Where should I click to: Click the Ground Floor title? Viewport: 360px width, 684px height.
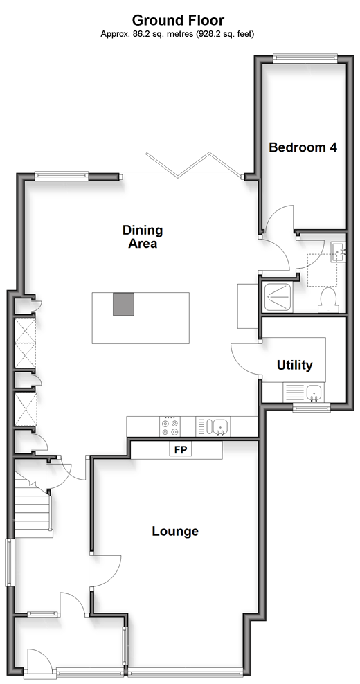click(x=178, y=20)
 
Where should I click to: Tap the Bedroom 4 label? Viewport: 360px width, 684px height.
click(x=303, y=147)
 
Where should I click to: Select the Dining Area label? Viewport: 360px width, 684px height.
click(x=143, y=237)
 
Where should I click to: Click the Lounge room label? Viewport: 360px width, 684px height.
click(x=175, y=531)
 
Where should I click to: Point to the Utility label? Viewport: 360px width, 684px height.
click(x=294, y=365)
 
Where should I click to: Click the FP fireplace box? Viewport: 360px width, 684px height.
click(x=181, y=450)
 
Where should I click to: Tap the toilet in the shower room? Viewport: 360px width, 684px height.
click(x=329, y=300)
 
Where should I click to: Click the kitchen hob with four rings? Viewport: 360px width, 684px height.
click(x=170, y=426)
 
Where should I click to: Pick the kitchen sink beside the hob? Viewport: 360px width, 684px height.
click(x=217, y=426)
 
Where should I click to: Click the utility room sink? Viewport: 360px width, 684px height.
click(x=314, y=393)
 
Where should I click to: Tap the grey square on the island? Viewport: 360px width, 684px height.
click(x=123, y=304)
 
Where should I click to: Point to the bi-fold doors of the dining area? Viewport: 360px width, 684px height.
click(x=194, y=165)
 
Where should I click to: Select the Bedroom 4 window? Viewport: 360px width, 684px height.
click(x=305, y=57)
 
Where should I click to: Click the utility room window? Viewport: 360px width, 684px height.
click(x=311, y=408)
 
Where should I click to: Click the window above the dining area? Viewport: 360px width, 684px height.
click(x=61, y=177)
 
